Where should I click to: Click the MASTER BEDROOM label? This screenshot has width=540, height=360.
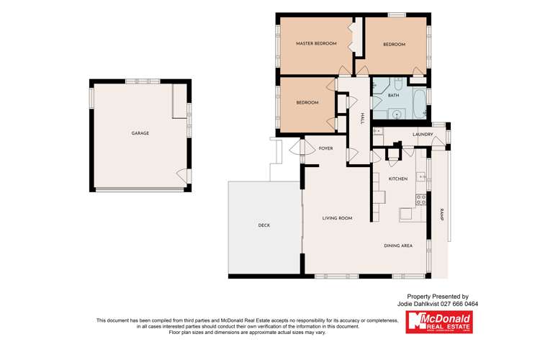click(x=316, y=44)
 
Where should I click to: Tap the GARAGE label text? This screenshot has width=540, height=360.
click(x=140, y=133)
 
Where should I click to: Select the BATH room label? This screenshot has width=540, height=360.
click(x=393, y=95)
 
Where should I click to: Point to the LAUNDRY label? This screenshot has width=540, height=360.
click(x=422, y=135)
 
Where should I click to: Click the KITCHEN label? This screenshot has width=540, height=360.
click(x=398, y=179)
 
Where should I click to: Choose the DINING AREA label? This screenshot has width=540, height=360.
click(x=397, y=246)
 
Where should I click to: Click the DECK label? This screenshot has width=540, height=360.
click(x=264, y=226)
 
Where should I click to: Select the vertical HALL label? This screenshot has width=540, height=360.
click(x=362, y=118)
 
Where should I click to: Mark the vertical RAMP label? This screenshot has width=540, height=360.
click(x=441, y=214)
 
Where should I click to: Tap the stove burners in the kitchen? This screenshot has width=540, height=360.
click(x=421, y=199)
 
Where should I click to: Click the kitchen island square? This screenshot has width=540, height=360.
click(x=408, y=214)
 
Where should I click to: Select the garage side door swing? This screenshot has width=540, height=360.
click(x=184, y=175)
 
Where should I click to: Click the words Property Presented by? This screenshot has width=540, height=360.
click(x=438, y=296)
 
